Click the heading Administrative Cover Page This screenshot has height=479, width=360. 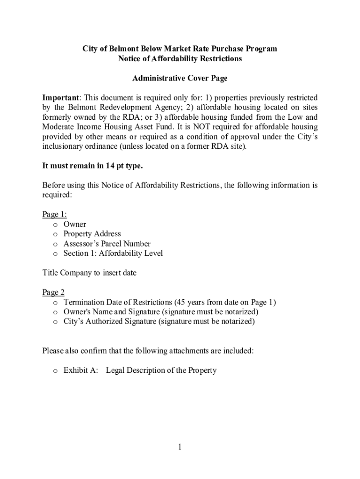tap(180, 78)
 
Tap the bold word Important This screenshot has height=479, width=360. tap(60, 98)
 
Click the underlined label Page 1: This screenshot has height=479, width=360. tap(54, 214)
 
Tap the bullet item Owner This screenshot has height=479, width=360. tap(75, 224)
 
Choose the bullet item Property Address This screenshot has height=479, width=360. tap(92, 234)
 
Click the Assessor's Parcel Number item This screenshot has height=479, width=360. tap(107, 244)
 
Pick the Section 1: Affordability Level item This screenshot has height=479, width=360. tap(113, 254)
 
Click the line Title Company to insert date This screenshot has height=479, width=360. tap(89, 273)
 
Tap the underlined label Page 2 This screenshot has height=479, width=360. tap(53, 292)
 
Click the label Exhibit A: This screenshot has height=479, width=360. tap(81, 370)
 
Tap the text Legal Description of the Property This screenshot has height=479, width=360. tap(161, 370)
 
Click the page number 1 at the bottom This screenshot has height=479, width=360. tap(180, 447)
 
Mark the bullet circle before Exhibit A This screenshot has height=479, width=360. tap(55, 371)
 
